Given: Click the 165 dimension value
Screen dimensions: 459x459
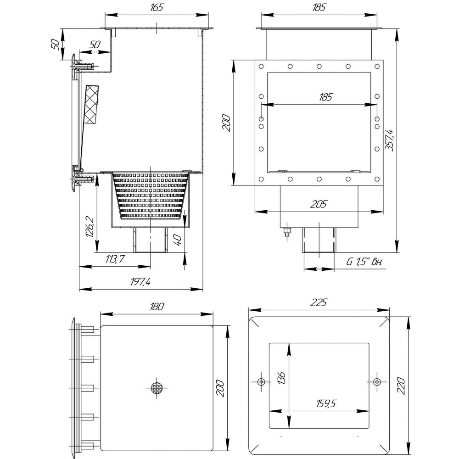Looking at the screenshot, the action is pos(157,7).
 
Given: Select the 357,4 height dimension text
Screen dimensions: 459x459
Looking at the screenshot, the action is pos(389,140).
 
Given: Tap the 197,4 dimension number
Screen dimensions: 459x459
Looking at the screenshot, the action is pos(140,282).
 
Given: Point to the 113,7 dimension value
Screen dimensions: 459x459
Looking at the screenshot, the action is pos(115,259).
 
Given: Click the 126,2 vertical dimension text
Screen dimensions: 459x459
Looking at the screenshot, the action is pos(90,227).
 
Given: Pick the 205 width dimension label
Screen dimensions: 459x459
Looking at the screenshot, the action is pos(318,204).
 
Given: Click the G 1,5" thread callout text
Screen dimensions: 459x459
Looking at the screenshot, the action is pos(364,262).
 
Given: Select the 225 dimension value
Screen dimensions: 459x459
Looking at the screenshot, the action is pos(318,302).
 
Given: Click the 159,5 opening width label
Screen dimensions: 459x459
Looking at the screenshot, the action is pos(326,403).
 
